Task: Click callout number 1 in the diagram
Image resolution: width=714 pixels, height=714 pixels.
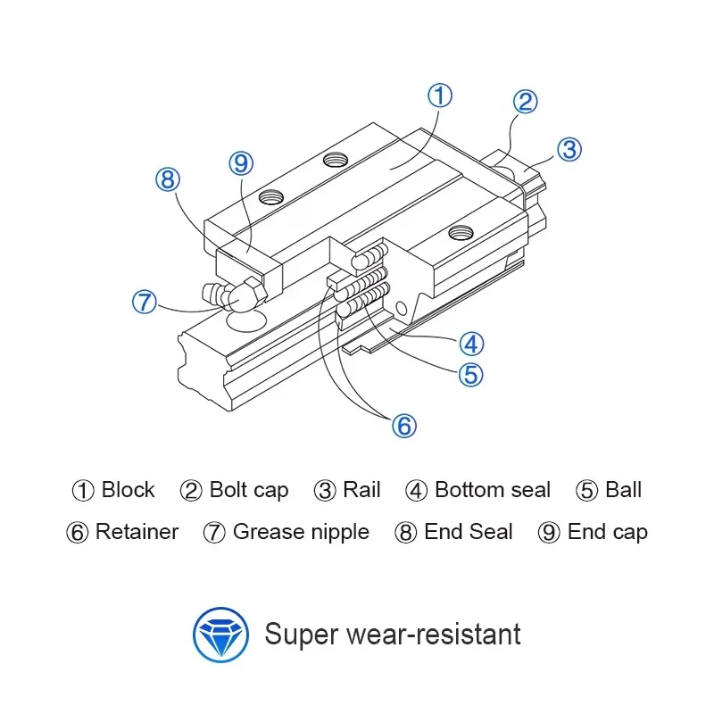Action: [x=440, y=96]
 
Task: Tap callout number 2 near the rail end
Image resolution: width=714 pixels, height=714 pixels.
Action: [x=525, y=102]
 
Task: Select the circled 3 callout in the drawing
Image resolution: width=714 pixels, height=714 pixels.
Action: [x=569, y=148]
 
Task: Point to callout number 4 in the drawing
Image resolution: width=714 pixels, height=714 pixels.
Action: [x=471, y=342]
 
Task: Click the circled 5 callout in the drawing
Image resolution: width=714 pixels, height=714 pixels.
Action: [x=470, y=374]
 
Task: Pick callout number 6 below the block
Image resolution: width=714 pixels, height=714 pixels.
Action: [x=404, y=427]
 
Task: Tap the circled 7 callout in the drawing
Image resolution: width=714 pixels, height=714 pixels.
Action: [x=145, y=302]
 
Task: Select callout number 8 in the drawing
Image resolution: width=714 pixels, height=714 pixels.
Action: [x=168, y=179]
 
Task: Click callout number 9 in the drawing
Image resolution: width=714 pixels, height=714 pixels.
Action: [x=240, y=163]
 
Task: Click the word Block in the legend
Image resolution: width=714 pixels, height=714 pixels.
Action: [x=128, y=490]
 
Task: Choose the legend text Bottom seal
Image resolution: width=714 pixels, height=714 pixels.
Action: [x=492, y=490]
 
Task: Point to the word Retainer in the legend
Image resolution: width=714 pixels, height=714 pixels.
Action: [x=137, y=533]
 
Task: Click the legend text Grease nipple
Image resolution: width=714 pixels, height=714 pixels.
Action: [x=300, y=533]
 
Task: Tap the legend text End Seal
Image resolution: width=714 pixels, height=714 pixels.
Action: [x=468, y=533]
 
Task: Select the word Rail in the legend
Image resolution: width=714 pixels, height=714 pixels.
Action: [x=361, y=490]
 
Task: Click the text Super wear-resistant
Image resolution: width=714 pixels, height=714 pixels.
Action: [x=393, y=635]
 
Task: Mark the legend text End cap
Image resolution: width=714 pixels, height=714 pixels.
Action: [x=607, y=533]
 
